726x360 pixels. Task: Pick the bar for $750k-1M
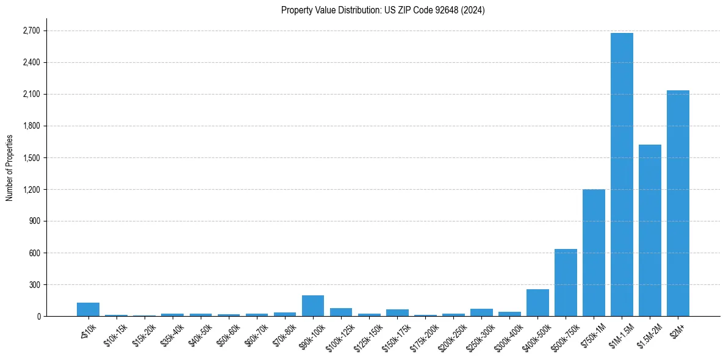tap(594, 253)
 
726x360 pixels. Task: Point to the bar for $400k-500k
tap(537, 303)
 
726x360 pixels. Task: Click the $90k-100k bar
tap(313, 306)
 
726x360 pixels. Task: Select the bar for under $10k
tap(88, 309)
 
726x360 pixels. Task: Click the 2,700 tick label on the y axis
tap(31, 31)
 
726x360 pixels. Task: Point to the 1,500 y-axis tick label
tap(31, 157)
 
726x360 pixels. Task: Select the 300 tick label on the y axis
tap(34, 284)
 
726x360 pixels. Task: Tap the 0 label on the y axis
tap(38, 316)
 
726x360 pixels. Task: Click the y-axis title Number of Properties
tap(10, 167)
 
